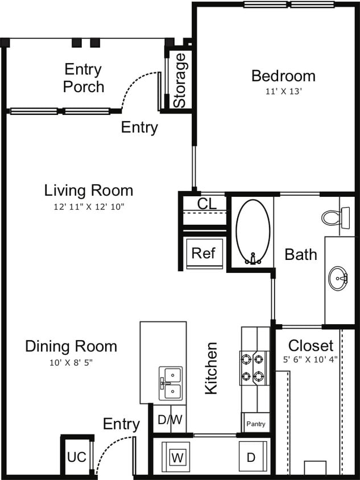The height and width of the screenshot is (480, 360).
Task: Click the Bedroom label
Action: [x=283, y=76]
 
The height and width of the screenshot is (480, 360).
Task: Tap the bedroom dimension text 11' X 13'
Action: [x=283, y=90]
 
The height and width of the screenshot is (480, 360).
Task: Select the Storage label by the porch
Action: [x=180, y=80]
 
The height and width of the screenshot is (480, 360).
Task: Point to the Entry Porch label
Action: [x=83, y=78]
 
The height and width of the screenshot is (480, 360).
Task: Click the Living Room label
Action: [x=89, y=190]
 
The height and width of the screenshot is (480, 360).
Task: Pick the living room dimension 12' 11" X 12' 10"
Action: [x=89, y=206]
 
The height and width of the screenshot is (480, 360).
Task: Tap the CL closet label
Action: [x=206, y=204]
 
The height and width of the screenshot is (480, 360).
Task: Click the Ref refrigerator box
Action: [x=203, y=253]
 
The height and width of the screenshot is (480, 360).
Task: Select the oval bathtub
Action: [x=253, y=232]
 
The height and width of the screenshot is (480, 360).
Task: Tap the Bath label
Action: [x=301, y=254]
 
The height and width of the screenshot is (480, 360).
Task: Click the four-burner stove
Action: [x=254, y=368]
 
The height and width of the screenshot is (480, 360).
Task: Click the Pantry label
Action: [x=255, y=424]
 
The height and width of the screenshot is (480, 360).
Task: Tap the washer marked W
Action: [x=177, y=457]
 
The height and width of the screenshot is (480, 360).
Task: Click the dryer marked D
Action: [x=251, y=457]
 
